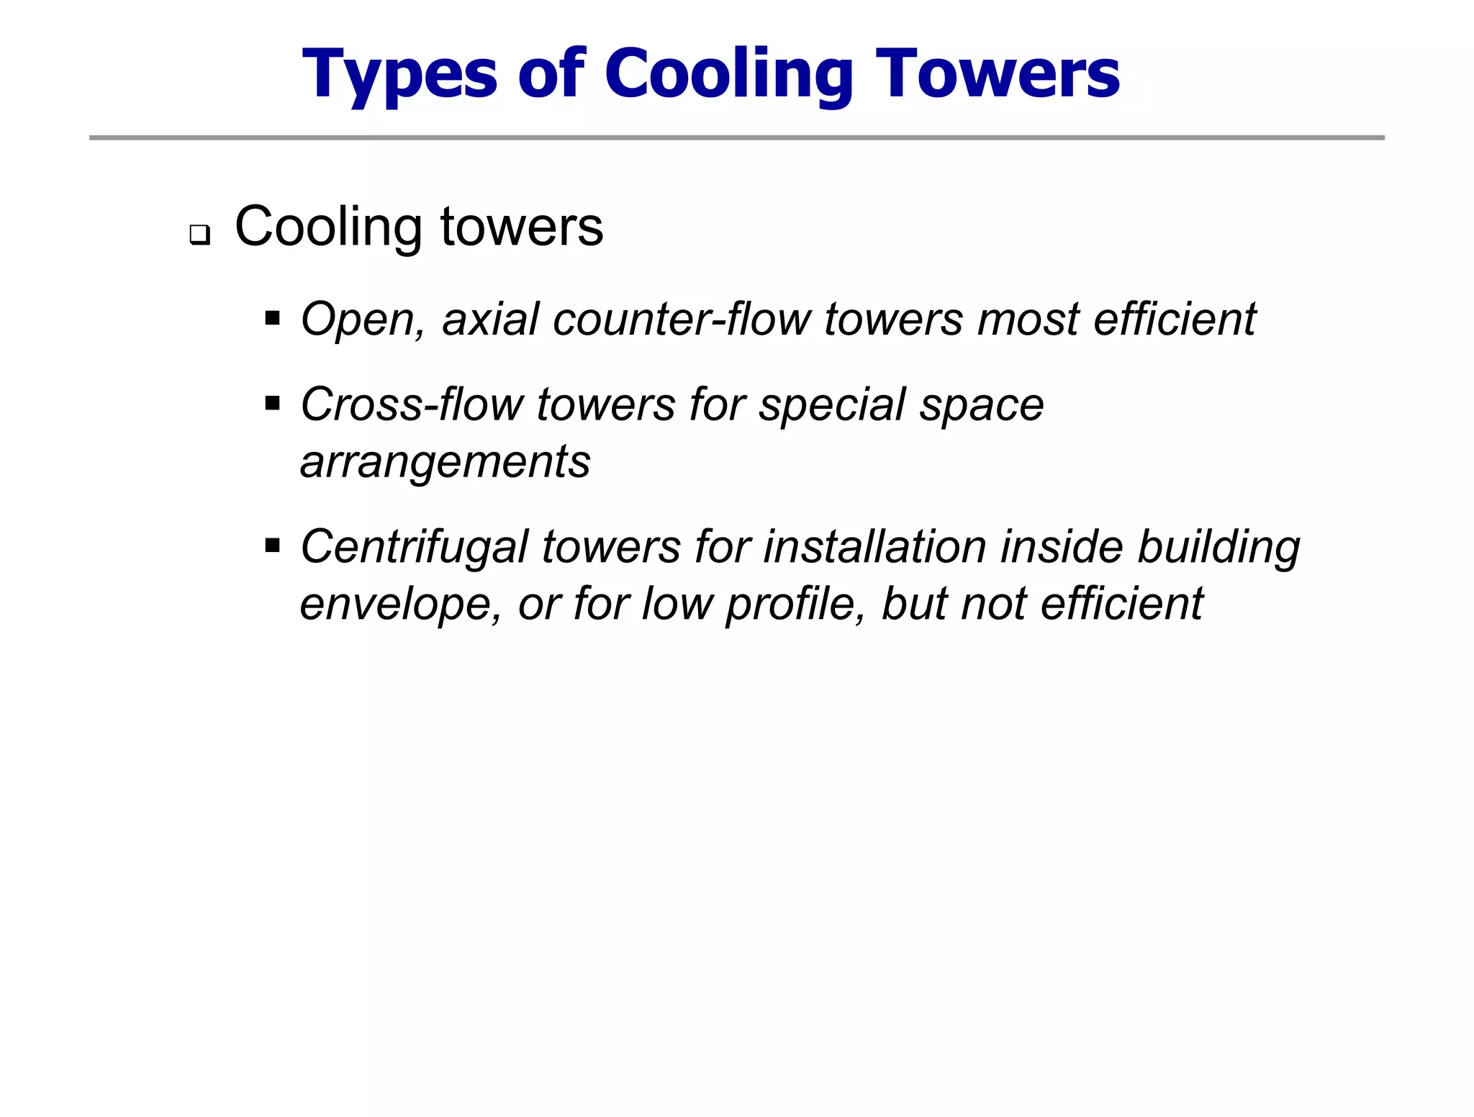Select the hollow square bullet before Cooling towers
[199, 235]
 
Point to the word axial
[490, 320]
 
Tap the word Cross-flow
[412, 404]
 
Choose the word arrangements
[445, 462]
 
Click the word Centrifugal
[414, 547]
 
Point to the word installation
[874, 547]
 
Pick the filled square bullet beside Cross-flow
[272, 403]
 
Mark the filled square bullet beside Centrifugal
[272, 546]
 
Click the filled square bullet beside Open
[272, 318]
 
